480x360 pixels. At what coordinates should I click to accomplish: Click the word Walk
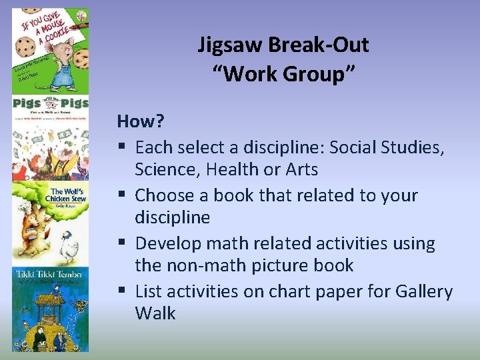[x=155, y=313]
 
